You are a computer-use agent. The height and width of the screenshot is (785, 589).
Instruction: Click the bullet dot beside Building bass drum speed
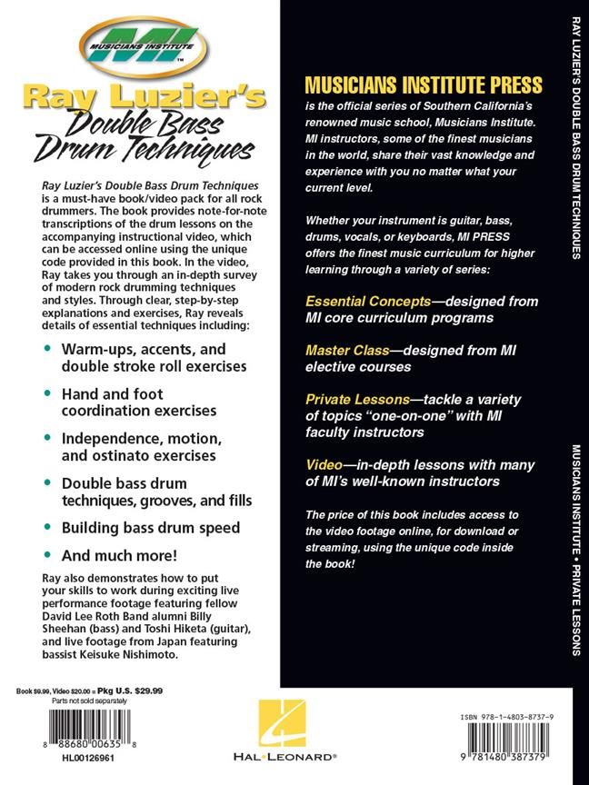[x=47, y=527]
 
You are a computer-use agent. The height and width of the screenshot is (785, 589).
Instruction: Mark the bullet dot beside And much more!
[x=47, y=553]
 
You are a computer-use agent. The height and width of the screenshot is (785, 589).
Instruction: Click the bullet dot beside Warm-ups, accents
[x=47, y=349]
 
